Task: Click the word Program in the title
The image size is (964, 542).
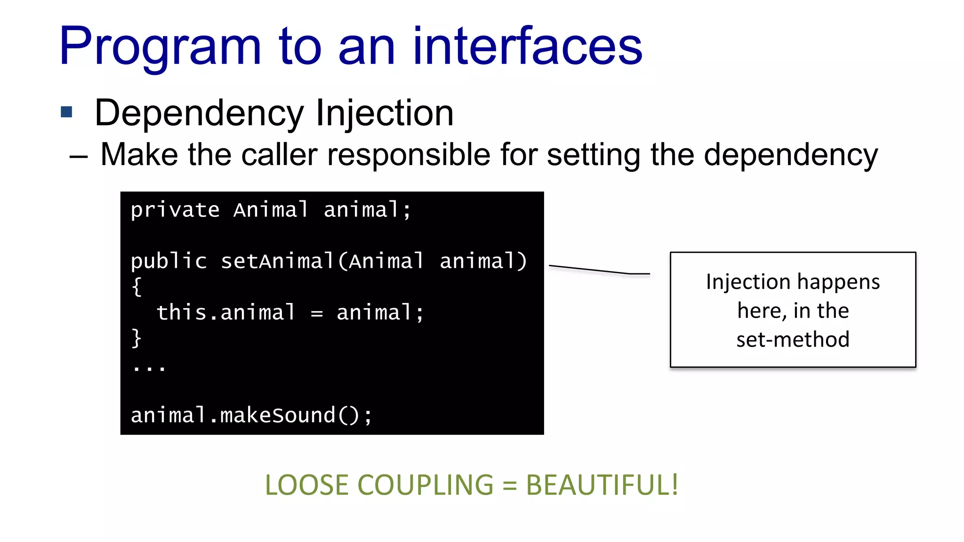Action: tap(160, 47)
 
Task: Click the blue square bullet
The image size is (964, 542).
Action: tap(66, 112)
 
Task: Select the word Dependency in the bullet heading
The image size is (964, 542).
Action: tap(200, 113)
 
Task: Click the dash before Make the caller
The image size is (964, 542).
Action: tap(78, 156)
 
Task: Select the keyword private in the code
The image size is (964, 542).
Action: tap(175, 210)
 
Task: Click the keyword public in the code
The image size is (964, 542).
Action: tap(169, 261)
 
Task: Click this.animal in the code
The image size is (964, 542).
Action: tap(226, 312)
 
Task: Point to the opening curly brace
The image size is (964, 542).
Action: tap(137, 287)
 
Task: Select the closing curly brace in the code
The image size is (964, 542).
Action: tap(137, 338)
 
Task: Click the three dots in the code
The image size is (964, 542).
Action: tap(149, 367)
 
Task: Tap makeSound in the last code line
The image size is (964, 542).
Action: tap(278, 415)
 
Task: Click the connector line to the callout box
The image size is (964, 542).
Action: tap(598, 270)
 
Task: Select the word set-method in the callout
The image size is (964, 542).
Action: tap(793, 339)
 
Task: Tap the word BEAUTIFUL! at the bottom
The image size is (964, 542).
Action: tap(602, 485)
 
